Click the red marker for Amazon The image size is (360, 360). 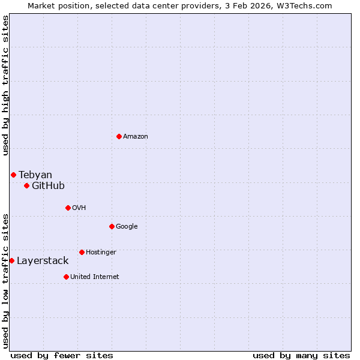(x=119, y=136)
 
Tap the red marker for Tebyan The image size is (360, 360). (x=13, y=175)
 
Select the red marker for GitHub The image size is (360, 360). (x=26, y=185)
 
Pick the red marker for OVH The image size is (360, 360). (x=68, y=208)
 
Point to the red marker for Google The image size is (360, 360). (x=112, y=226)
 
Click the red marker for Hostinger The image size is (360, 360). (x=82, y=252)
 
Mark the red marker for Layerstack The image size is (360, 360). (x=11, y=260)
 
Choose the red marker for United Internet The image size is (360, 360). (x=66, y=277)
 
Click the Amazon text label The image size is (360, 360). (x=136, y=136)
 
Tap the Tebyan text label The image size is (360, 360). (x=35, y=175)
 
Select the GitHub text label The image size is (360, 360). (x=48, y=185)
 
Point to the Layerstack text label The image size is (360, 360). (x=43, y=260)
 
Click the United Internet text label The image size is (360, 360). (x=95, y=277)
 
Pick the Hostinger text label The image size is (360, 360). (x=101, y=252)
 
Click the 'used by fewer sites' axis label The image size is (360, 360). (x=62, y=355)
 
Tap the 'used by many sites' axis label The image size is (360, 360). (x=301, y=355)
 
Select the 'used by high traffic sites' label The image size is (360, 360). (x=5, y=85)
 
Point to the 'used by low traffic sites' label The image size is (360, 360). (x=5, y=281)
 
